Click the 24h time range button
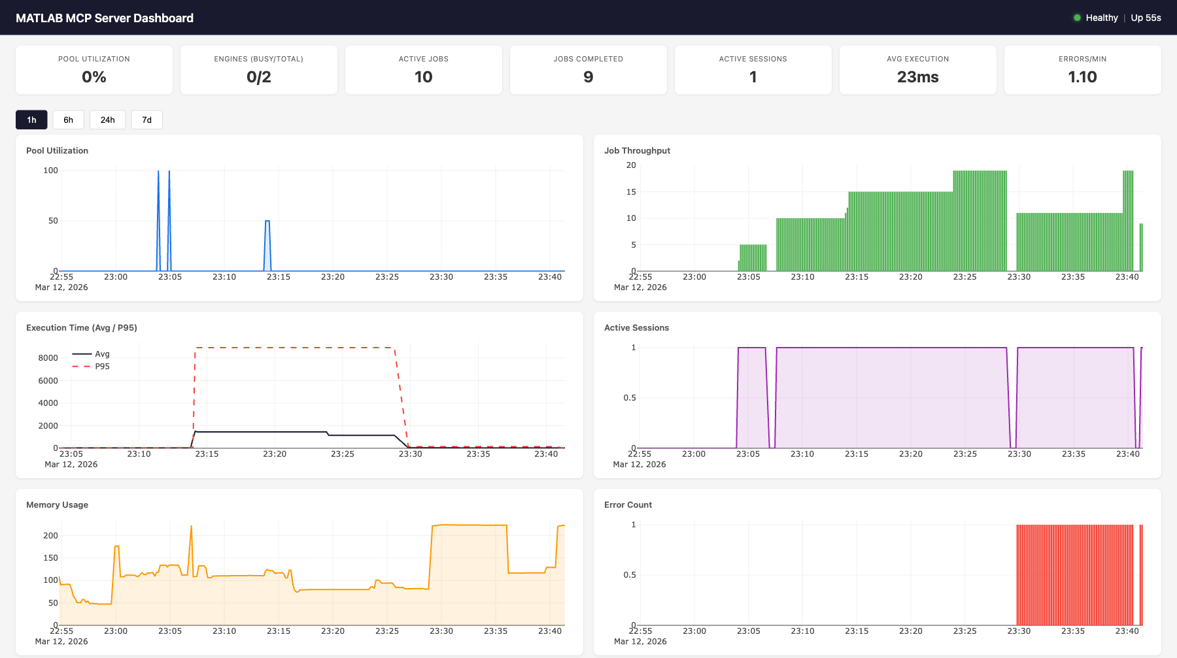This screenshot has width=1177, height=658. click(x=107, y=120)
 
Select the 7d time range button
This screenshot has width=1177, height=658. click(x=146, y=120)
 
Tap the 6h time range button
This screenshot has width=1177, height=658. click(x=68, y=120)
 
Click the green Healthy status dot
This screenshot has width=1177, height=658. click(x=1077, y=18)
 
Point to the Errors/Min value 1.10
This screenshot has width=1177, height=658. click(x=1082, y=77)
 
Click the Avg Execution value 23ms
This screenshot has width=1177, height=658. click(x=917, y=77)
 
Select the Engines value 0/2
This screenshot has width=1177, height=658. click(x=258, y=77)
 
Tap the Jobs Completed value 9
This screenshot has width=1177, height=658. click(x=588, y=77)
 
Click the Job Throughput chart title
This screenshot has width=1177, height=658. click(x=637, y=150)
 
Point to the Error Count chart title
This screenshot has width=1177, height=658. click(x=628, y=504)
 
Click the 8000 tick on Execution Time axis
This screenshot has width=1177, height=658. click(x=48, y=358)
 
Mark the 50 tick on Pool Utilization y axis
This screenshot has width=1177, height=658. click(x=53, y=221)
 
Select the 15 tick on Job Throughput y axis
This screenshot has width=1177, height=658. click(x=631, y=192)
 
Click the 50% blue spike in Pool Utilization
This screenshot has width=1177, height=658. click(x=267, y=222)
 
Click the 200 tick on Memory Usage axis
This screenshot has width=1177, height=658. click(x=50, y=536)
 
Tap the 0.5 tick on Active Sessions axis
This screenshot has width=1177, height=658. click(x=629, y=398)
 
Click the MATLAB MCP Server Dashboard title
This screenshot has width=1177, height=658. click(x=105, y=18)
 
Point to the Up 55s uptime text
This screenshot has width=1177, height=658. click(x=1146, y=18)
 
